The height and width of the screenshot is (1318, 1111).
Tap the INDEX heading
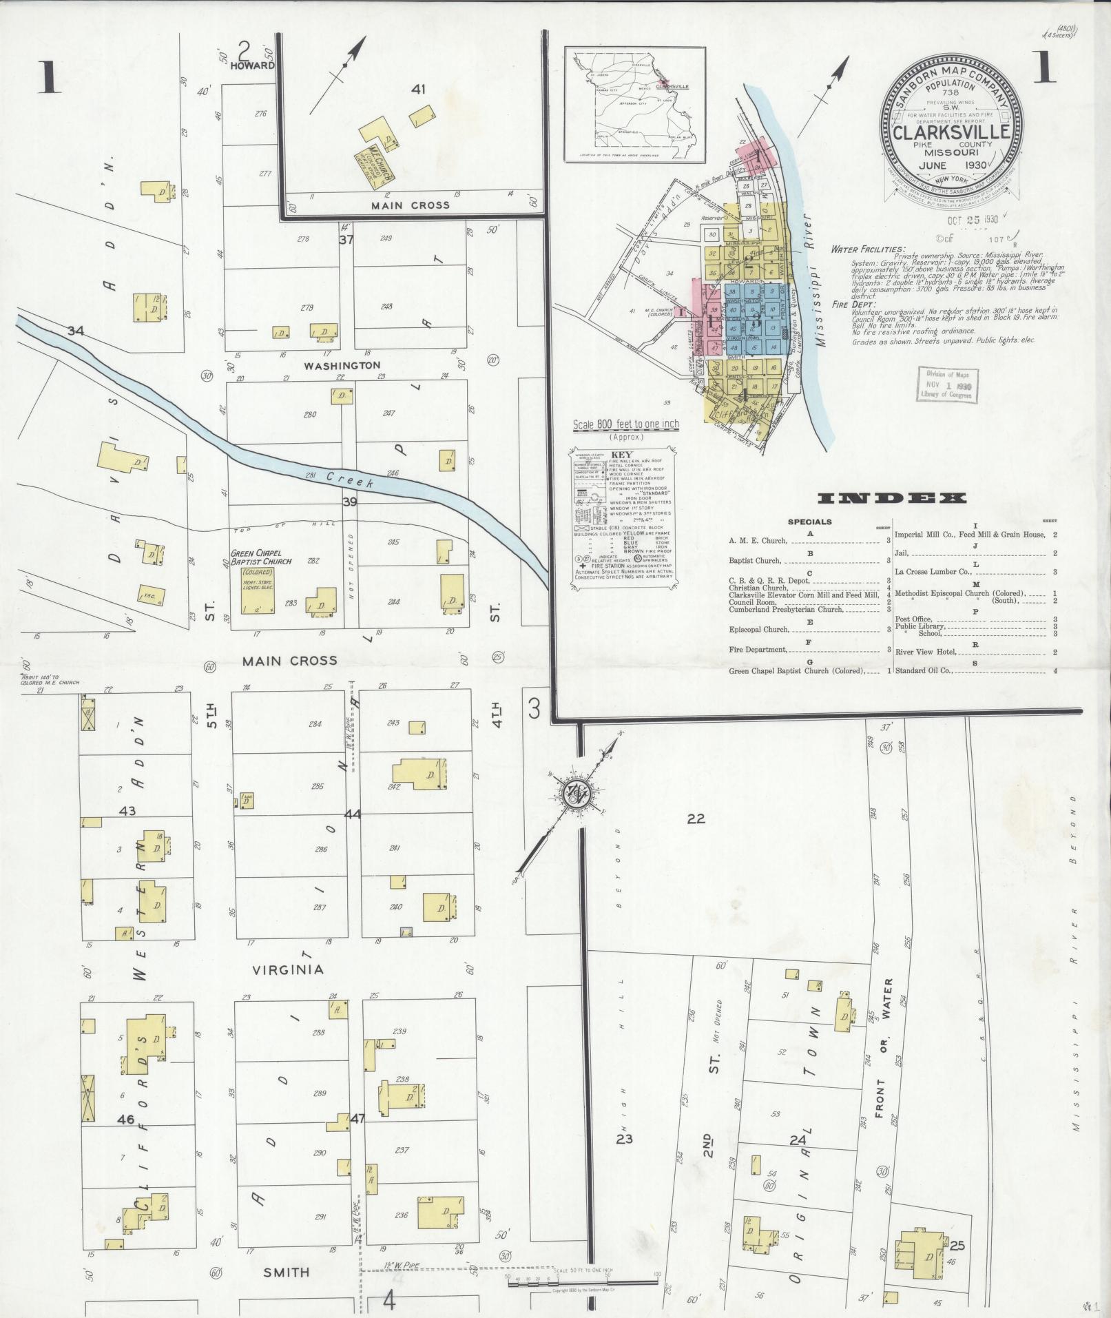[x=892, y=498]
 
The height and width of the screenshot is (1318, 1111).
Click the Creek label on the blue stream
[x=350, y=480]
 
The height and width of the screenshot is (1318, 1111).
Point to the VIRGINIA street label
[x=287, y=969]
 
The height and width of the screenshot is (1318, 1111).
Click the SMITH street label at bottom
[x=287, y=1272]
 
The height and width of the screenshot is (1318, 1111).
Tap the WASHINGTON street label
[x=342, y=364]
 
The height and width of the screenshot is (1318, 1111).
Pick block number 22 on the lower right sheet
[x=696, y=818]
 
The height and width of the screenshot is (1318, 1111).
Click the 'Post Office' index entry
[x=913, y=619]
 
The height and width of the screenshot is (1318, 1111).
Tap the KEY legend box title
[x=621, y=455]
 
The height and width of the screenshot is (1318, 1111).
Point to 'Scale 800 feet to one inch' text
[x=625, y=424]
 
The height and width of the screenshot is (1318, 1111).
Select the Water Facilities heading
[x=869, y=249]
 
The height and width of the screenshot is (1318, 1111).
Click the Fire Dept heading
[x=853, y=304]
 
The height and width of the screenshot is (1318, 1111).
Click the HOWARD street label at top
[x=252, y=65]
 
